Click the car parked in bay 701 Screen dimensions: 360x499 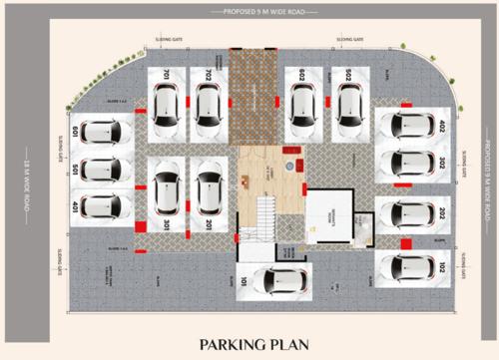[166, 104]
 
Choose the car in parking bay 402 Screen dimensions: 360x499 [410, 127]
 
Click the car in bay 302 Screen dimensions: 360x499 [410, 163]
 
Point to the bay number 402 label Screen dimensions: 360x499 [441, 127]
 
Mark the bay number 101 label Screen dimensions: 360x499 [243, 282]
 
